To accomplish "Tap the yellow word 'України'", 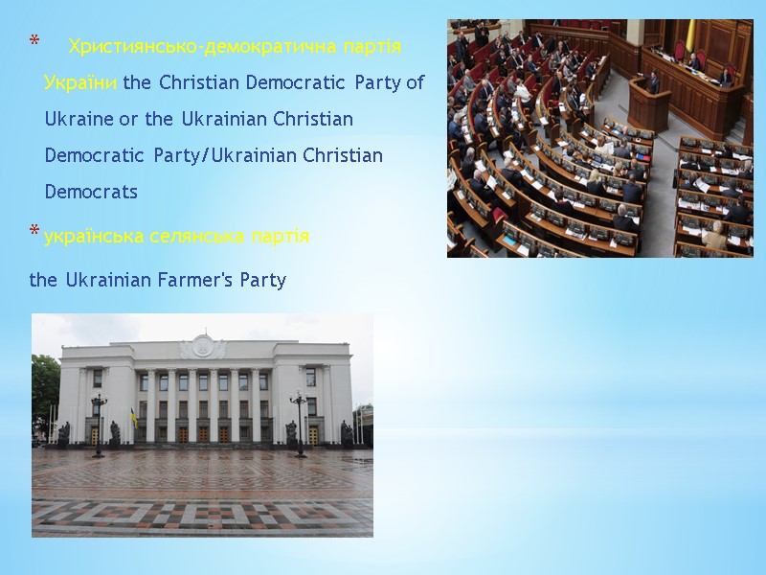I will (x=80, y=83).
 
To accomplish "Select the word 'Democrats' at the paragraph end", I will (x=91, y=192).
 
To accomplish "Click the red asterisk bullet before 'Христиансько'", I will (x=34, y=42).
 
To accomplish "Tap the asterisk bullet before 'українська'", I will (x=34, y=233).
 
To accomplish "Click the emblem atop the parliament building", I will (x=203, y=346).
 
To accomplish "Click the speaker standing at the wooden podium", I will (x=655, y=83).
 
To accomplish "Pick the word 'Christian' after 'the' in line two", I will (x=196, y=83).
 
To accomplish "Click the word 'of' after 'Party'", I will (x=415, y=83).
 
